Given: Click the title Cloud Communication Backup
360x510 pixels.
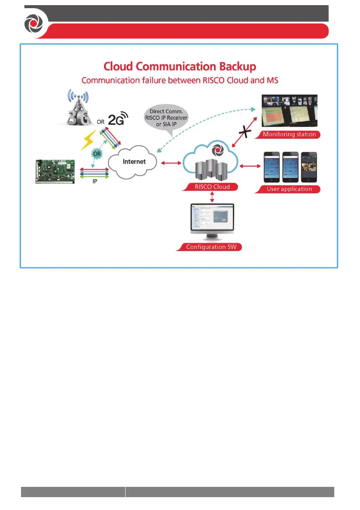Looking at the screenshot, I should click(x=180, y=67).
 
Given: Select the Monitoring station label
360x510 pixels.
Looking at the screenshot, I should click(x=290, y=134).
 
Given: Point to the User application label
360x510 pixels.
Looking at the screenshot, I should click(x=290, y=189).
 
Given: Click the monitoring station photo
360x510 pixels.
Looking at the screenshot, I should click(x=290, y=111).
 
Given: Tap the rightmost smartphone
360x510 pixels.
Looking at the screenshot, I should click(x=309, y=167).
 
